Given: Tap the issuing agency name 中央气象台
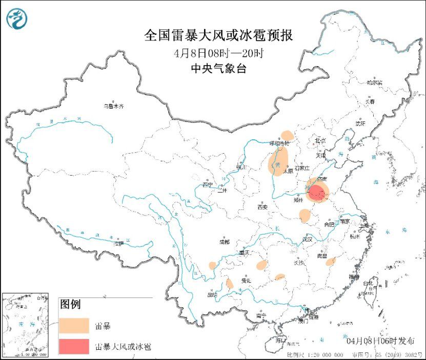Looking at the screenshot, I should pyautogui.click(x=218, y=69).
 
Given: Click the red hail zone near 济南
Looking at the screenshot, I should pyautogui.click(x=317, y=194).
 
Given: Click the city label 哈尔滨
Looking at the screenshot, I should pyautogui.click(x=375, y=82).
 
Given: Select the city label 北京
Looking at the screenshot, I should pyautogui.click(x=320, y=140).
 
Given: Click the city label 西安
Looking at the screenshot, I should pyautogui.click(x=262, y=207).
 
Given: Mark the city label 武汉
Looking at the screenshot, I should pyautogui.click(x=307, y=239).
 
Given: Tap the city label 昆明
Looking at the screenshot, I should pyautogui.click(x=212, y=295).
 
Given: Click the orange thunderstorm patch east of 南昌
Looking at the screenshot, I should pyautogui.click(x=331, y=262).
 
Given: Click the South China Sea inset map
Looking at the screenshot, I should pyautogui.click(x=25, y=325).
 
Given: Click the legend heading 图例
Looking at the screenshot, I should pyautogui.click(x=71, y=305).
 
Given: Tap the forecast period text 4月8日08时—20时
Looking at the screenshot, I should pyautogui.click(x=218, y=53).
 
